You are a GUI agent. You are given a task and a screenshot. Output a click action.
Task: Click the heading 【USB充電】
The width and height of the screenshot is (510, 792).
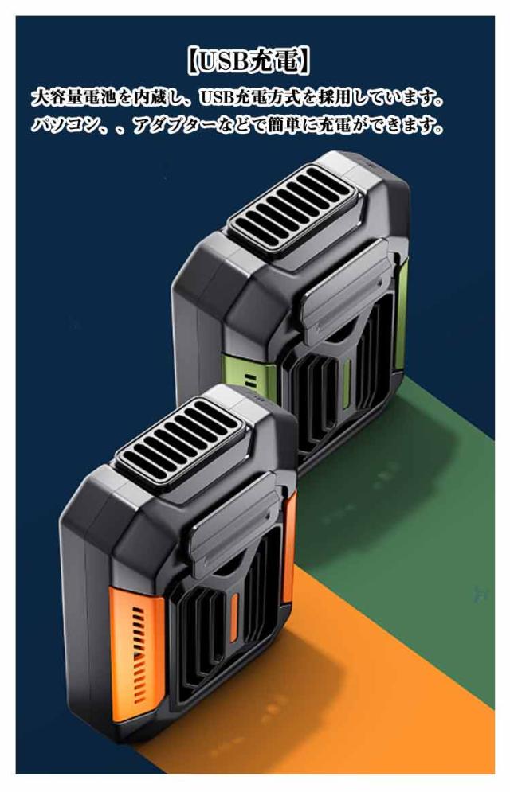[x=248, y=61]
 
